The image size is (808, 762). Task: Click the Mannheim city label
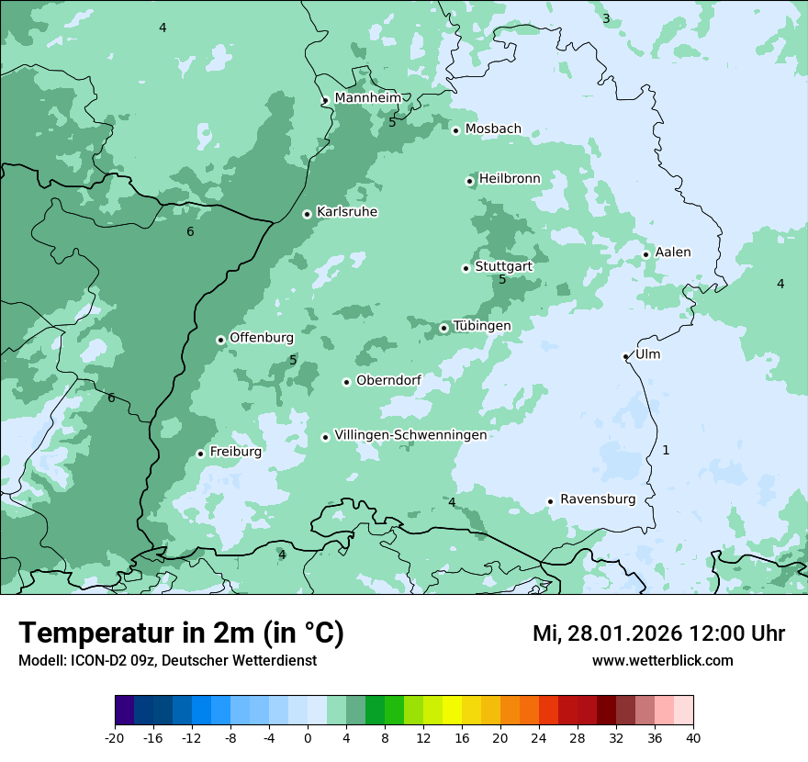click(x=367, y=97)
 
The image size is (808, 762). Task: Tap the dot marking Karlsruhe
click(x=308, y=214)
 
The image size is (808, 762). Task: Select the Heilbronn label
click(x=510, y=178)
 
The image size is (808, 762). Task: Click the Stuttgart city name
click(x=503, y=266)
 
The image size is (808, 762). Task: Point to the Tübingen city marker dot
click(x=443, y=328)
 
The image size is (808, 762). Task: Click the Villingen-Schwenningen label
click(x=410, y=434)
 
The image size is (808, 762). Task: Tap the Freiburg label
click(x=235, y=452)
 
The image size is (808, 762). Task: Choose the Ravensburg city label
click(x=597, y=499)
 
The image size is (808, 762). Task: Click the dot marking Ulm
click(x=625, y=356)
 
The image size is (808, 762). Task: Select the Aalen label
click(x=672, y=252)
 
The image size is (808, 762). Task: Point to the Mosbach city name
click(x=493, y=129)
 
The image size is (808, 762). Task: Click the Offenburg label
click(x=261, y=337)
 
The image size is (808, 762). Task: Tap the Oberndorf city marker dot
click(x=346, y=382)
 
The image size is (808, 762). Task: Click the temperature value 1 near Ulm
click(x=666, y=450)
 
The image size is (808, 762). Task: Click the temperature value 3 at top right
click(x=606, y=18)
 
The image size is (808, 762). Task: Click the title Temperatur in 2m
click(x=181, y=633)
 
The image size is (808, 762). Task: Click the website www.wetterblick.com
click(x=662, y=660)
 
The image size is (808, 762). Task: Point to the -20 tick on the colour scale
click(x=115, y=737)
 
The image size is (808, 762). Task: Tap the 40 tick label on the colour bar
click(x=693, y=737)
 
